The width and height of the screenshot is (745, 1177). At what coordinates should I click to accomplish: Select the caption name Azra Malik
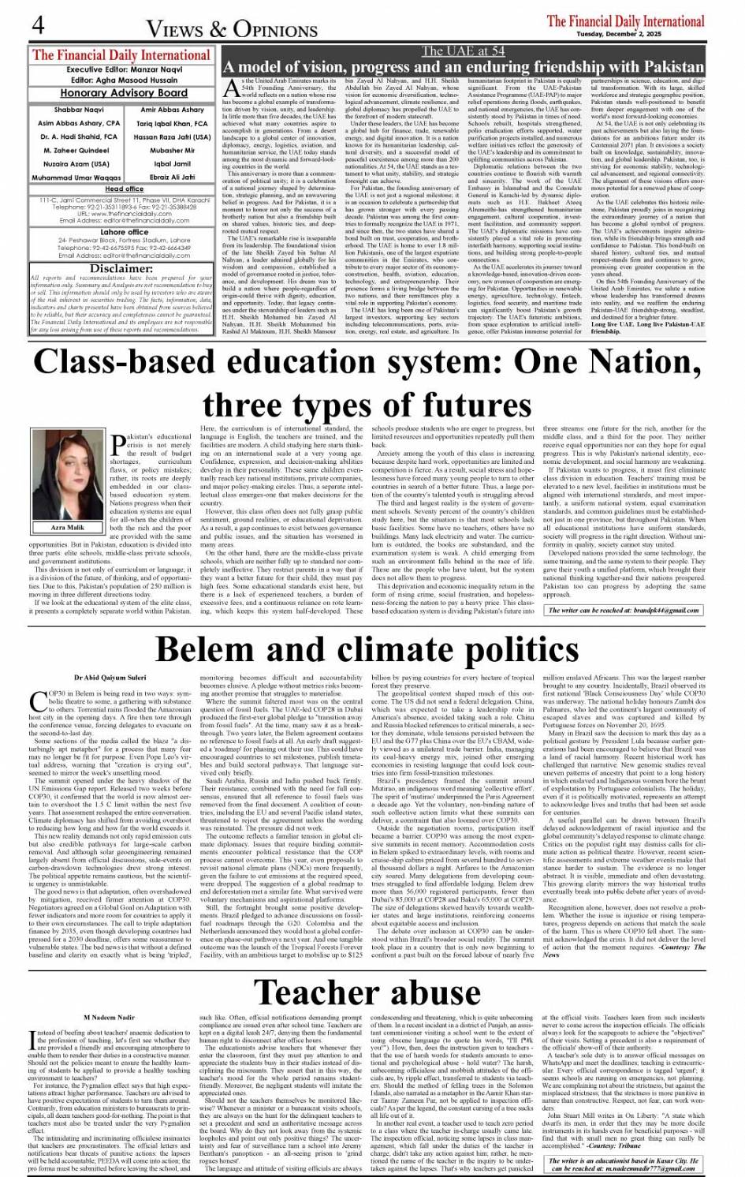tap(67, 527)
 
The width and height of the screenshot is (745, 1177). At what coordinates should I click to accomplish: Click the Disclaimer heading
tap(122, 268)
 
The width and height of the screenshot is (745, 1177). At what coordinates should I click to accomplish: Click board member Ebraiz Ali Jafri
tap(172, 177)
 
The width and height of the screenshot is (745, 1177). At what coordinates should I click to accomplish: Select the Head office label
tap(124, 189)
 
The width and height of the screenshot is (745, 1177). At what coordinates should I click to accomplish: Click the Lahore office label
tap(124, 232)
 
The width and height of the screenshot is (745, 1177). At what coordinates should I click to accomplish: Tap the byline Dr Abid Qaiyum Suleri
tap(110, 678)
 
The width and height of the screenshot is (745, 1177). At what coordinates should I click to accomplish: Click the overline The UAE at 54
tap(463, 51)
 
